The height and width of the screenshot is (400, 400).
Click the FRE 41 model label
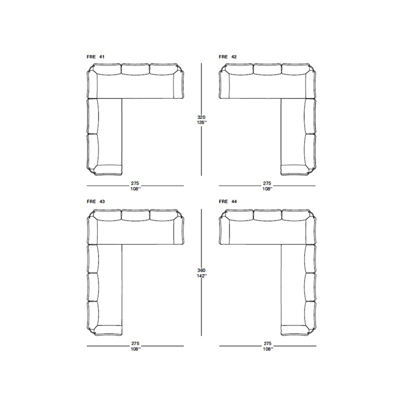point(95,56)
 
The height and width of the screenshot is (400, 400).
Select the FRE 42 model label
point(227,56)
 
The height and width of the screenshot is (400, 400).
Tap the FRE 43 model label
point(95,201)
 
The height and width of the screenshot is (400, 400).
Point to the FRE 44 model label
point(227,201)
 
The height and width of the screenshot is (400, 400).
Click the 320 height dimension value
point(201,117)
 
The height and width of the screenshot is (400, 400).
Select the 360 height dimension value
point(201,270)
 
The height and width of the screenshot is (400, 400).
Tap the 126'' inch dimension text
point(202,122)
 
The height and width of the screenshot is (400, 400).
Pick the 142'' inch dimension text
point(202,276)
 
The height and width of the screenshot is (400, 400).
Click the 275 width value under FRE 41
point(135,183)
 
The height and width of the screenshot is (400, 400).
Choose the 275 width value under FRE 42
point(267,183)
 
